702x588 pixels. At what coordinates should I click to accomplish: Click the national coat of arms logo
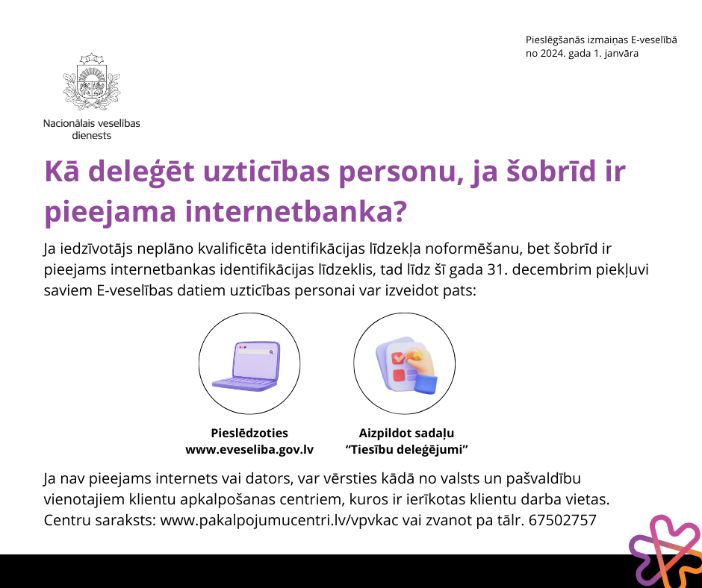click(x=91, y=81)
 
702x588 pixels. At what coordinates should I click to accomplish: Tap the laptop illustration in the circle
click(x=246, y=366)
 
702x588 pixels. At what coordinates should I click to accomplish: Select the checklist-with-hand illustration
click(x=406, y=366)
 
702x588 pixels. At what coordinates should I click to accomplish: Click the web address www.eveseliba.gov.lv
click(x=249, y=449)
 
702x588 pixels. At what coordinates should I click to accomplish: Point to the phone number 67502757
click(x=562, y=520)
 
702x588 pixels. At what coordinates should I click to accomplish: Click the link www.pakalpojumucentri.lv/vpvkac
click(x=279, y=520)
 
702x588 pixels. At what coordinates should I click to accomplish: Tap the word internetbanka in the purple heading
click(x=296, y=210)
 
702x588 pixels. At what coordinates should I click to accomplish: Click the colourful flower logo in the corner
click(x=665, y=551)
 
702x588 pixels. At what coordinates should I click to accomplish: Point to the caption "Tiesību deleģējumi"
click(x=406, y=449)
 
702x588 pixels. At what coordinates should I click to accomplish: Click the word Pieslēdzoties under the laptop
click(x=249, y=433)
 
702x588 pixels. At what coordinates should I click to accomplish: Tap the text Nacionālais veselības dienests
click(x=91, y=129)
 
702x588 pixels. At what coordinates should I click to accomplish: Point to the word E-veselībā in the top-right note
click(x=654, y=40)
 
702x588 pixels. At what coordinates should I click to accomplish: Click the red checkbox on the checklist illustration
click(x=397, y=358)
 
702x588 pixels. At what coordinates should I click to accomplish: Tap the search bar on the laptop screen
click(x=255, y=351)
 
